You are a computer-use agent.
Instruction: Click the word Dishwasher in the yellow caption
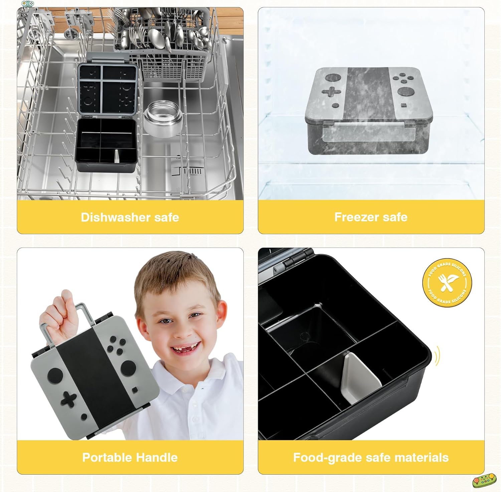click(x=111, y=217)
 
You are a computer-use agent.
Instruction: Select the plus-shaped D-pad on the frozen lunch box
click(x=331, y=92)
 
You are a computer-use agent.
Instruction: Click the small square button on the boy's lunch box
click(x=134, y=390)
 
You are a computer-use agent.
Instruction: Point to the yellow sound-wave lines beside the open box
click(x=438, y=356)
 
